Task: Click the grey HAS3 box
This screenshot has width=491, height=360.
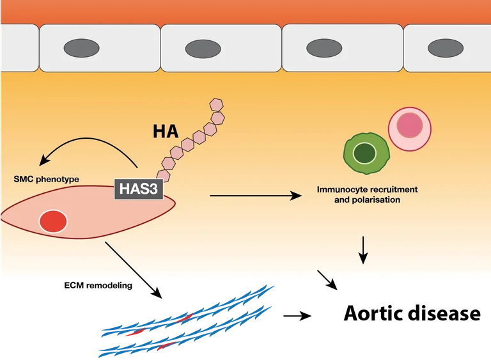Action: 137,189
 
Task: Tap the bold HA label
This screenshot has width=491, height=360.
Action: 166,132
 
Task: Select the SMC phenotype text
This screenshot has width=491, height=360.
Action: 47,180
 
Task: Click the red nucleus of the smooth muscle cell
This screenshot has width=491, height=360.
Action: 53,221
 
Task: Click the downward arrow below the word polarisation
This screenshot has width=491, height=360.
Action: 363,250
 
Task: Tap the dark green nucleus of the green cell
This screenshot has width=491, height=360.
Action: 364,153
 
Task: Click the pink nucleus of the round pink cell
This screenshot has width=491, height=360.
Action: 410,124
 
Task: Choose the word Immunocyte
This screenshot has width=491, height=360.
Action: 342,190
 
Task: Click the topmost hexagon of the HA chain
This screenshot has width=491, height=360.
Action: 217,104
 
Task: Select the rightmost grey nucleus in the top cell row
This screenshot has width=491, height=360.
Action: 446,47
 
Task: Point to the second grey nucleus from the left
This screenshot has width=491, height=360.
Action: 203,47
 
